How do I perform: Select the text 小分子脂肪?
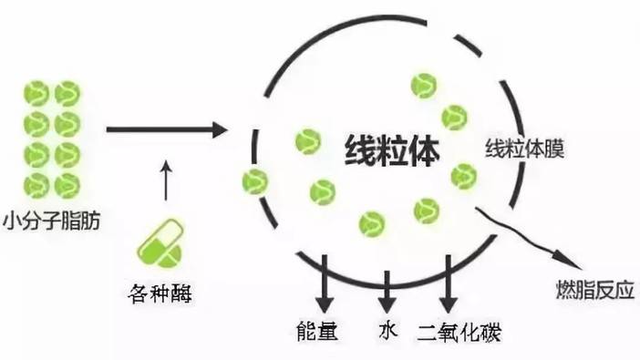pyautogui.click(x=53, y=221)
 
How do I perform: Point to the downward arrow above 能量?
pyautogui.click(x=325, y=287)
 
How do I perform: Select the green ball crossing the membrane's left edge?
pyautogui.click(x=254, y=181)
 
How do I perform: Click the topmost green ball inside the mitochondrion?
pyautogui.click(x=424, y=85)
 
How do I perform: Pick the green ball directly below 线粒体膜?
pyautogui.click(x=463, y=175)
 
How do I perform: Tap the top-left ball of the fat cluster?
pyautogui.click(x=36, y=94)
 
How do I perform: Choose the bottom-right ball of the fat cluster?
pyautogui.click(x=67, y=185)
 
